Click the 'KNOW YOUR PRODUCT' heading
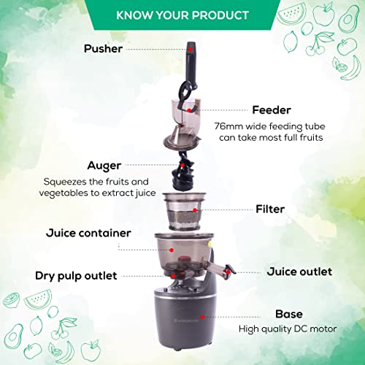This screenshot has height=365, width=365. click(x=182, y=15)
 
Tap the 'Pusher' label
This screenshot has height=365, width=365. click(x=103, y=48)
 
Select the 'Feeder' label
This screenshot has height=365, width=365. click(x=272, y=109)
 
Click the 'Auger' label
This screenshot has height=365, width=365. click(x=104, y=166)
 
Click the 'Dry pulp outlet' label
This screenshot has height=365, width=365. click(x=76, y=276)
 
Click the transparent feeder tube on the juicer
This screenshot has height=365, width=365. click(x=180, y=109)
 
